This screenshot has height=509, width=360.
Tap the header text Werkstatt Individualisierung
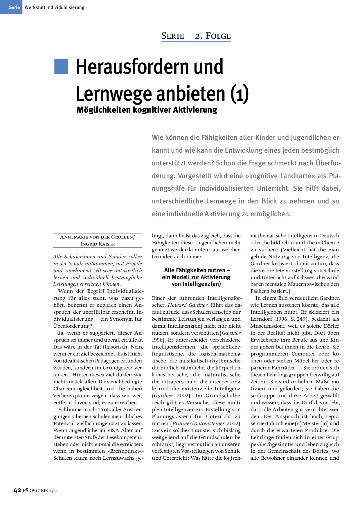[55, 8]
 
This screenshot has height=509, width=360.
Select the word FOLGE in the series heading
[218, 36]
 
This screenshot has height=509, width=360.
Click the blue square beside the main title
[61, 66]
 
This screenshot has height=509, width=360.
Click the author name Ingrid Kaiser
[98, 244]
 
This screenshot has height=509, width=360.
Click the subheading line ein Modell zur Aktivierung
[196, 277]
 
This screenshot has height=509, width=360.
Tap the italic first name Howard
[177, 305]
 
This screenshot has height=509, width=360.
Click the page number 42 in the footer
[17, 490]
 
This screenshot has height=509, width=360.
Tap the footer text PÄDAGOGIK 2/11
[40, 491]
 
